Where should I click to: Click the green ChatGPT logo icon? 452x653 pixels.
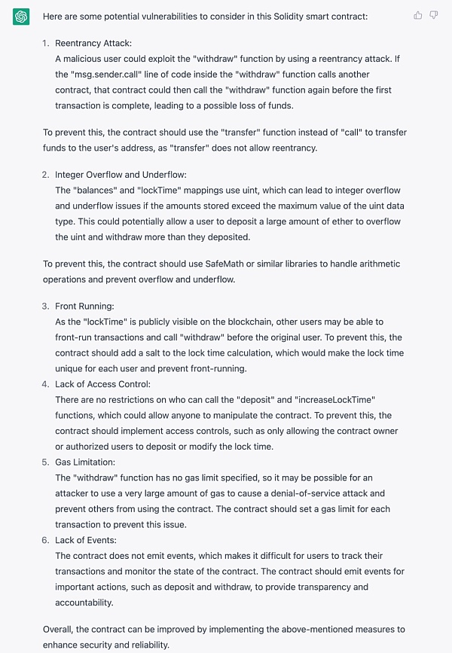[x=21, y=17]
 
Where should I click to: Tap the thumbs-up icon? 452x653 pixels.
[x=418, y=15]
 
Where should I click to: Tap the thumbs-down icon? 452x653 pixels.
[x=433, y=15]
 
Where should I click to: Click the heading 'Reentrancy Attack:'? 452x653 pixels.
[x=93, y=44]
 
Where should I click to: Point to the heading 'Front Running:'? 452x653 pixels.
[x=84, y=307]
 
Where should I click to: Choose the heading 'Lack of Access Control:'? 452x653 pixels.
[x=102, y=384]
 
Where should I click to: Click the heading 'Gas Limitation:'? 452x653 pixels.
[x=84, y=462]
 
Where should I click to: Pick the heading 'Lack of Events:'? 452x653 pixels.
[x=86, y=540]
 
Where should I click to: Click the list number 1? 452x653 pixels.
[x=46, y=44]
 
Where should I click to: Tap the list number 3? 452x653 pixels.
[x=46, y=307]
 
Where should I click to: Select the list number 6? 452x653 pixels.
[x=46, y=540]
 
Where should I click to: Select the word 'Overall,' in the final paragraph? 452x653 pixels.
[x=60, y=629]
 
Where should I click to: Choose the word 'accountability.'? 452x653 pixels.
[x=85, y=603]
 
